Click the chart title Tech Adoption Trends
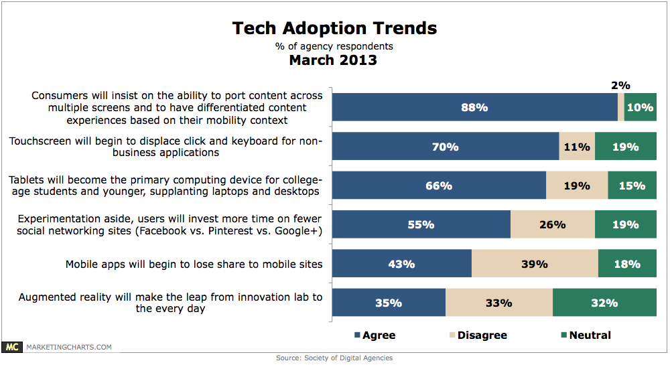click(x=334, y=28)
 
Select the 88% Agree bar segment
click(x=474, y=107)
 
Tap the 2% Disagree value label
click(x=620, y=86)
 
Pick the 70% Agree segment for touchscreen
click(x=446, y=147)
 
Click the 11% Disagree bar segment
click(x=577, y=147)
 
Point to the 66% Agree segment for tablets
click(x=439, y=186)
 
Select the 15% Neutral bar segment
click(x=632, y=186)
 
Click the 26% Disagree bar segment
click(x=552, y=225)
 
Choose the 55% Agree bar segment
click(x=421, y=225)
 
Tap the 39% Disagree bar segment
click(x=535, y=264)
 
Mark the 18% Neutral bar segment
click(x=627, y=264)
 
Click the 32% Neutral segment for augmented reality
click(x=604, y=303)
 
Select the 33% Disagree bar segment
click(x=499, y=303)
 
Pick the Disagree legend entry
click(x=478, y=335)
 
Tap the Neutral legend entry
click(x=586, y=335)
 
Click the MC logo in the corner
click(x=11, y=347)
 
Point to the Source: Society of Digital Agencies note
click(x=334, y=358)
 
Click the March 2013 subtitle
click(x=333, y=60)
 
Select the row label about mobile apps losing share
click(x=194, y=265)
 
